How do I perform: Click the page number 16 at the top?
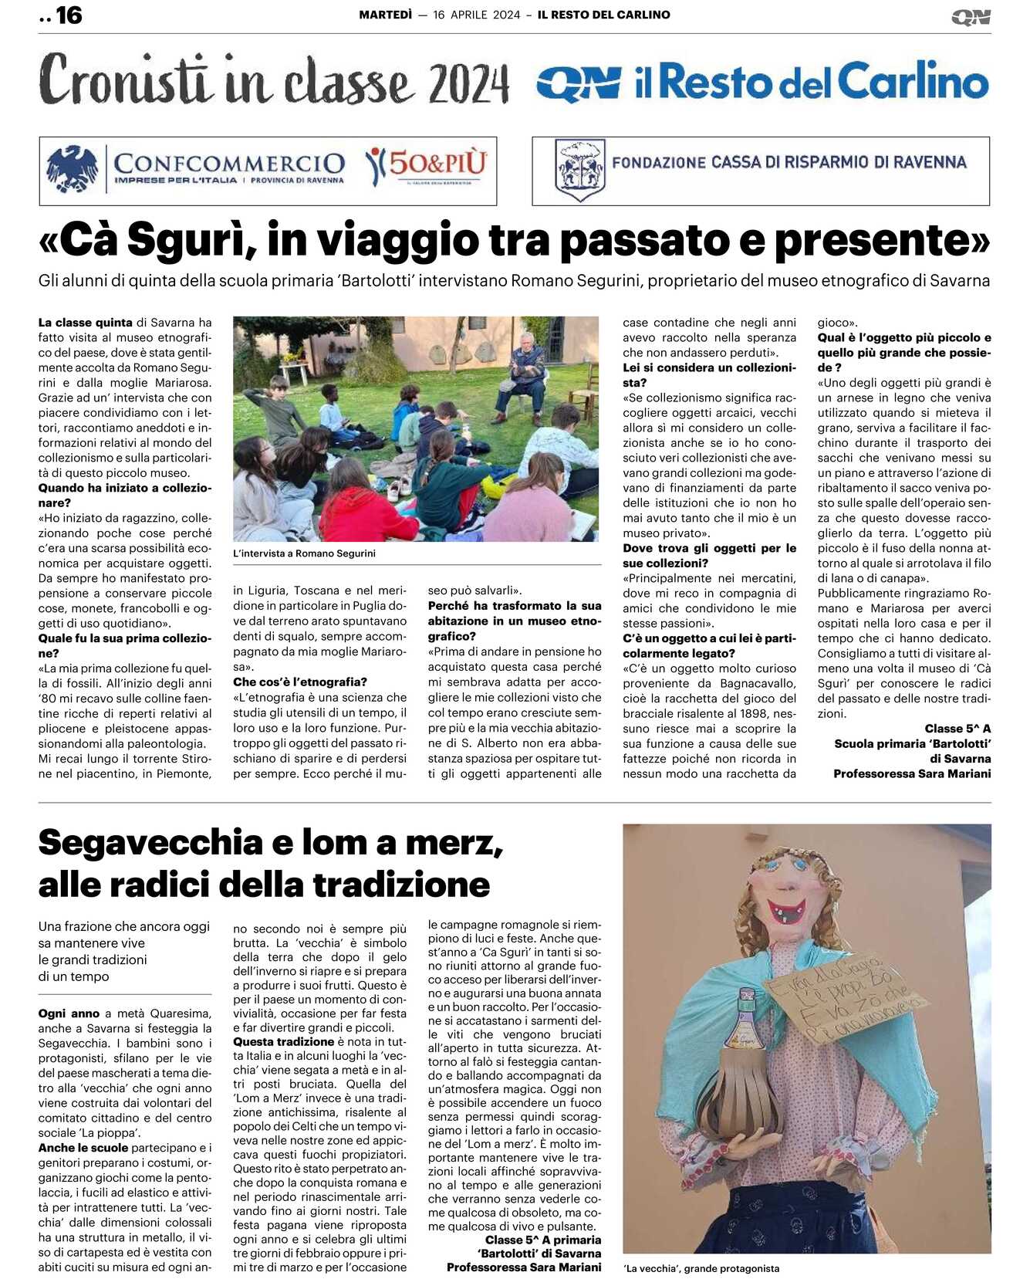pos(68,15)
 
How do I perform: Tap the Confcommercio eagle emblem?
pos(72,169)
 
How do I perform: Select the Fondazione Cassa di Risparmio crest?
pos(579,169)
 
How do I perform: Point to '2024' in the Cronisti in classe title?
pos(468,83)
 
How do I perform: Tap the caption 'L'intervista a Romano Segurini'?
pos(304,553)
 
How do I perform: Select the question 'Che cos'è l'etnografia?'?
pos(300,682)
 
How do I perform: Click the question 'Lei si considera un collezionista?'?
pos(708,375)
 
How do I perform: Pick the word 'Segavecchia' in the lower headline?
pos(150,842)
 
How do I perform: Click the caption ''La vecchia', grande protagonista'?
pos(701,1268)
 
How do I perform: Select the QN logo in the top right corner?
pos(971,17)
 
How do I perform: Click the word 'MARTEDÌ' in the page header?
pos(385,15)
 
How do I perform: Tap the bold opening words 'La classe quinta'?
pos(86,323)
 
